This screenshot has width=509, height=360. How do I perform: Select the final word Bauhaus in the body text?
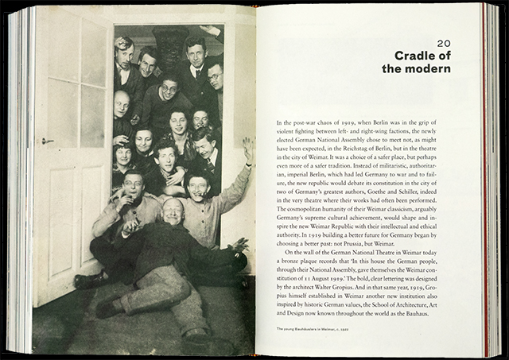[x=434, y=314]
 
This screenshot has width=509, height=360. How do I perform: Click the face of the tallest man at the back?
[x=196, y=46]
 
